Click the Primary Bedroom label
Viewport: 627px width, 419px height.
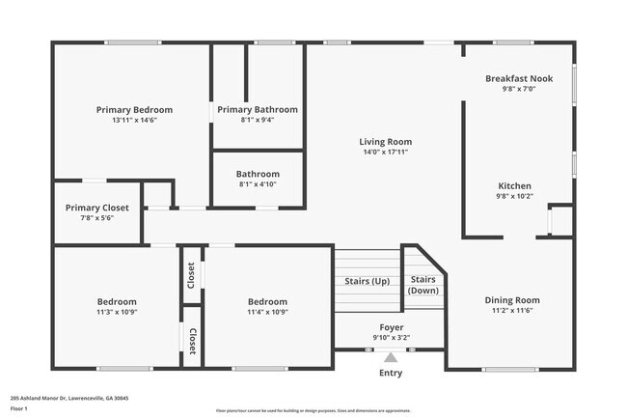coord(134,109)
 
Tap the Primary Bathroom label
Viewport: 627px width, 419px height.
coord(257,109)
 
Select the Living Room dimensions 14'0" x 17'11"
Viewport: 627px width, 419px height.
coord(386,153)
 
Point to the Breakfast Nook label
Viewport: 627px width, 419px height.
coord(518,78)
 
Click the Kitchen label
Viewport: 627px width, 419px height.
coord(513,185)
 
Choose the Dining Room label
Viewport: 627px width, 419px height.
coord(511,299)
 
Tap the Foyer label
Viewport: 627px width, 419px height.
coord(391,327)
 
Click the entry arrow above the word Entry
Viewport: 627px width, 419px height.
coord(391,357)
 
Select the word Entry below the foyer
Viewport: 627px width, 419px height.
coord(391,373)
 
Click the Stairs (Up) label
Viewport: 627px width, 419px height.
coord(367,281)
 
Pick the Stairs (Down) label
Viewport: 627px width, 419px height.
coord(423,285)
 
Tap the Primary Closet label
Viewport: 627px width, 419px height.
coord(96,208)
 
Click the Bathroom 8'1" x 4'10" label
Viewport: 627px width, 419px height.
coord(258,174)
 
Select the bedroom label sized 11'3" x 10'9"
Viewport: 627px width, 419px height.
coord(116,301)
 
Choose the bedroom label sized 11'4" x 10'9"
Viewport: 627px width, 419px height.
coord(267,301)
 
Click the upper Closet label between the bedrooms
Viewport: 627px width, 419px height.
coord(191,275)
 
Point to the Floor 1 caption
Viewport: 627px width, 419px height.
coord(19,408)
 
